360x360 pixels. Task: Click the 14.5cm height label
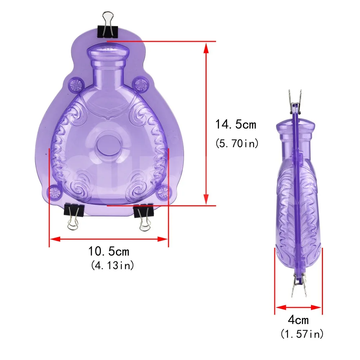(x=235, y=125)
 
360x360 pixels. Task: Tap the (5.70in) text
(x=237, y=144)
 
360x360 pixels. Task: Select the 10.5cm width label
(x=109, y=251)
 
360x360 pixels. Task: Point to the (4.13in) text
(x=112, y=265)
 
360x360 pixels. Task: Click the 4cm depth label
(x=298, y=320)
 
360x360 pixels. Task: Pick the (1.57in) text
(x=302, y=334)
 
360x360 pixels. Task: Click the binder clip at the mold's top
(x=108, y=25)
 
